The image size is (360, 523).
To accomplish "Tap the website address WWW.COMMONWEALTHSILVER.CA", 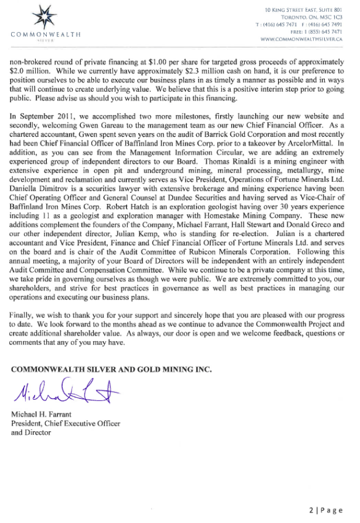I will pos(301,39).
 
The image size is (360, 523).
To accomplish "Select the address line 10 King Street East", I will pos(303,9).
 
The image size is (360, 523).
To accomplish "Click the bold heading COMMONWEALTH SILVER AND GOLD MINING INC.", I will pos(112,369).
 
